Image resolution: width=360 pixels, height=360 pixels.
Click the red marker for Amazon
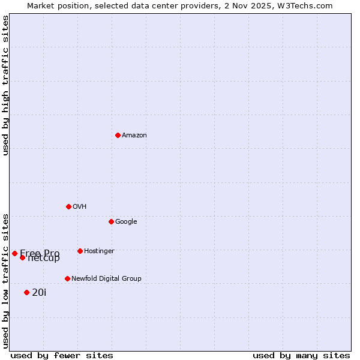tap(118, 135)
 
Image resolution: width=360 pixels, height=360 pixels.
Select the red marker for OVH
tap(68, 206)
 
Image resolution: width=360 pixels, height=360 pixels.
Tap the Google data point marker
tap(111, 221)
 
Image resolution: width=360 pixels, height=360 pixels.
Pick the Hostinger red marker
tap(80, 251)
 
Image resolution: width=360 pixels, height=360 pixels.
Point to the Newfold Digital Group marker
tap(67, 278)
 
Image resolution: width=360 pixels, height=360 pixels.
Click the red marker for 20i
tap(26, 292)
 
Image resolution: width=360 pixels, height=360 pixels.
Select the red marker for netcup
tap(22, 257)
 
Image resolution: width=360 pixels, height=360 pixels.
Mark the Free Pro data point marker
tap(14, 253)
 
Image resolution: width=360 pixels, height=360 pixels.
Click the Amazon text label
tap(134, 136)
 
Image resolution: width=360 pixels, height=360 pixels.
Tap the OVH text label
tap(80, 207)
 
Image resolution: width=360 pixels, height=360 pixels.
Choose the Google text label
tap(126, 222)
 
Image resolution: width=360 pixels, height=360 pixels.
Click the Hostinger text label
tap(99, 251)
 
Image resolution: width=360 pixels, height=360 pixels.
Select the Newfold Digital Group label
tap(106, 279)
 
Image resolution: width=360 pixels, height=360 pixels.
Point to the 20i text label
tap(39, 293)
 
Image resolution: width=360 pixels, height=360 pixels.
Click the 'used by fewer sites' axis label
tap(62, 355)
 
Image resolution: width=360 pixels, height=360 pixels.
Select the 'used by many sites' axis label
tap(301, 355)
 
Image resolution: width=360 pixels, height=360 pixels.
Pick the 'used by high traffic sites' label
tap(5, 86)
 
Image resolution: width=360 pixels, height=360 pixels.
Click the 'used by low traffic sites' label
tap(5, 280)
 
